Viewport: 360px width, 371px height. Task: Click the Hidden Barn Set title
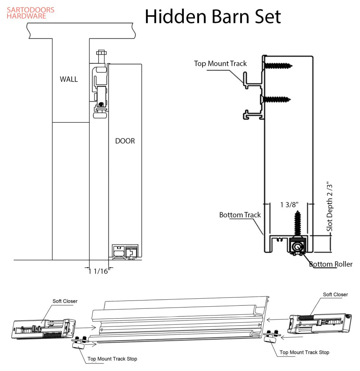[213, 16]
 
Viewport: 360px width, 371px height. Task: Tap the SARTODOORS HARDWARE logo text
[30, 13]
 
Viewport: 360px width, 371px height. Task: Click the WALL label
[69, 79]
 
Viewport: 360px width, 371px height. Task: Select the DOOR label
[125, 141]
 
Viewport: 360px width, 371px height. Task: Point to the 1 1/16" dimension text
[98, 271]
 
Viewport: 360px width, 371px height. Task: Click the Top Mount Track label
[220, 64]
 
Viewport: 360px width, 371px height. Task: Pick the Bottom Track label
[240, 215]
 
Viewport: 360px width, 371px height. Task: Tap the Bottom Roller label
[330, 264]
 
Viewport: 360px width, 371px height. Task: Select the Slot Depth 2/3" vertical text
[329, 206]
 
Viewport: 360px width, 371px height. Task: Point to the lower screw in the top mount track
[277, 100]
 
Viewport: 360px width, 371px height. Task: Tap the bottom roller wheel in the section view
[298, 247]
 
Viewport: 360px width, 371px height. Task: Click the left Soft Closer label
[65, 301]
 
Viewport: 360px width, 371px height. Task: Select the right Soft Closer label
[335, 295]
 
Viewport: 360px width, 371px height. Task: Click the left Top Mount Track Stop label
[112, 359]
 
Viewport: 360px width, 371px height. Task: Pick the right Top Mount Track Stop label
[304, 352]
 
